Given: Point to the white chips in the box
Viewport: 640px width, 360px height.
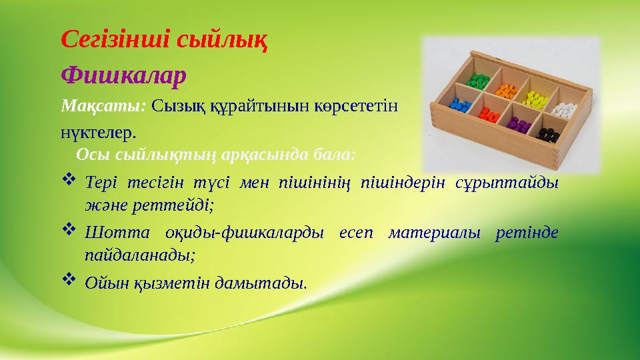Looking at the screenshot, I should pos(563,107).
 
